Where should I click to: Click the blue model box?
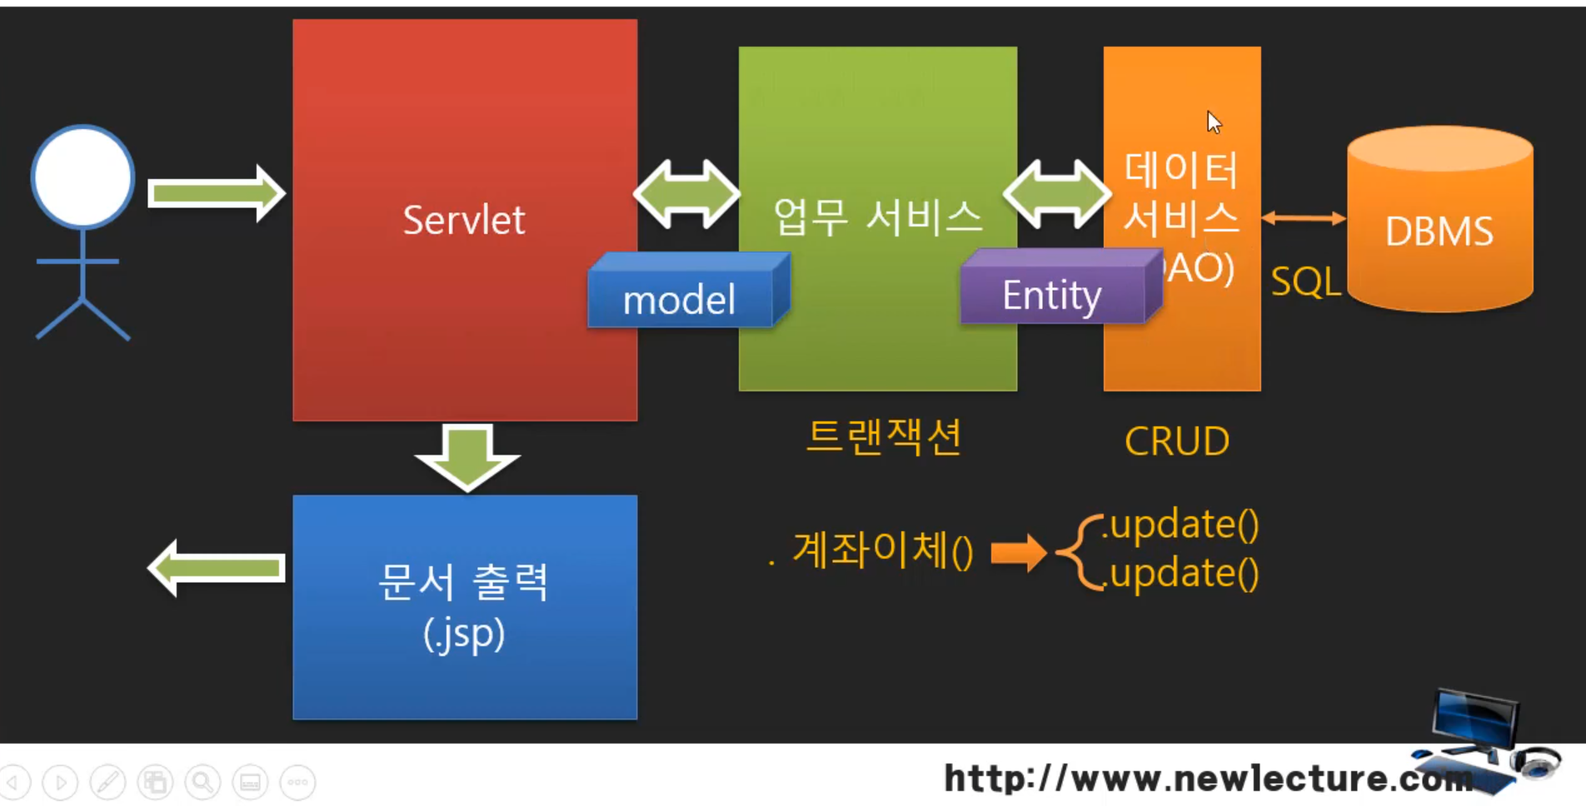click(681, 298)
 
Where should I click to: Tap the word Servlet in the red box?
click(464, 221)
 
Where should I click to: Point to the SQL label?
click(1304, 282)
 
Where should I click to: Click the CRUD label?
click(1176, 441)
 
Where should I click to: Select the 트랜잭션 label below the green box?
click(885, 436)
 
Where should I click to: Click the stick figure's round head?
click(82, 177)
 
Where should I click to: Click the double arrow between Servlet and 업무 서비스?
click(686, 194)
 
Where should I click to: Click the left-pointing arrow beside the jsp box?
click(217, 568)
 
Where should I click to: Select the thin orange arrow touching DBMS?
click(1304, 218)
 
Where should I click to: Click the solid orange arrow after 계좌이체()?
click(1019, 552)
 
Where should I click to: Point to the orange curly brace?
click(1080, 552)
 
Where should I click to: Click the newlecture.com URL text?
click(1208, 779)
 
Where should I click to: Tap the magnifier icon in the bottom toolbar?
click(202, 782)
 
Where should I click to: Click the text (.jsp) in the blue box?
click(464, 634)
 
